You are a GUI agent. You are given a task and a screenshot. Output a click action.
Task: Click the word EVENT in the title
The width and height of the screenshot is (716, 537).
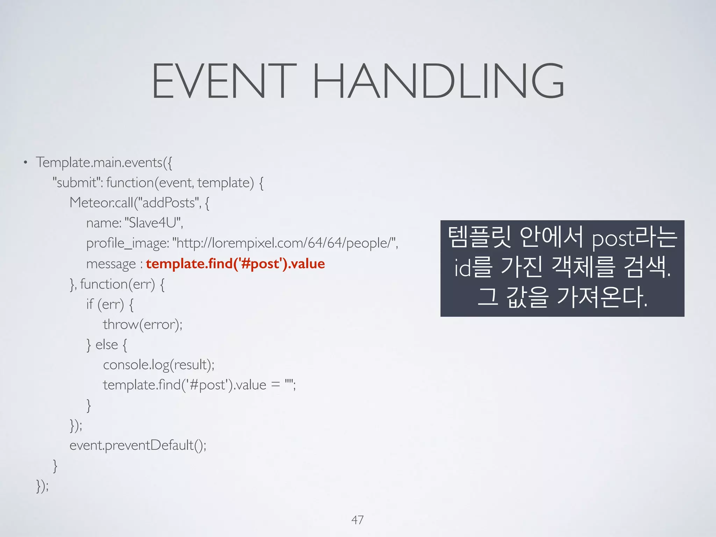click(x=224, y=81)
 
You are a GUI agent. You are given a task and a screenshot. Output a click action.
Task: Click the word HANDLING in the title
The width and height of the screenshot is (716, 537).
click(x=438, y=81)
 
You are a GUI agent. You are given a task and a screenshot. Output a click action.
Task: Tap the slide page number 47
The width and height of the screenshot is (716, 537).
click(x=357, y=520)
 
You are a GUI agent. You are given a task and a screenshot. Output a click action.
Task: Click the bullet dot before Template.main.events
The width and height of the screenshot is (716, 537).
click(x=25, y=163)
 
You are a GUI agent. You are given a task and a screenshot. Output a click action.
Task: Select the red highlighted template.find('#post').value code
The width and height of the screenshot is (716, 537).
click(x=235, y=264)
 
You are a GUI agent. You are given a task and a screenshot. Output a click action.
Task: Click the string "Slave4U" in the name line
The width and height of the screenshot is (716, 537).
click(x=153, y=223)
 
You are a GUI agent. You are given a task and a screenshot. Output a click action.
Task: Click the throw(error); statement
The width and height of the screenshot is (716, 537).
click(x=143, y=324)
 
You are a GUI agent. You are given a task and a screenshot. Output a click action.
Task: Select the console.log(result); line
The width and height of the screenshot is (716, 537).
click(x=158, y=365)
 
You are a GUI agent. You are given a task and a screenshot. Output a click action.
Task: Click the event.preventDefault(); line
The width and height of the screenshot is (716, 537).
click(x=138, y=445)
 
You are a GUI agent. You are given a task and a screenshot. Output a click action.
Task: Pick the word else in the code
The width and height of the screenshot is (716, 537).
click(x=107, y=345)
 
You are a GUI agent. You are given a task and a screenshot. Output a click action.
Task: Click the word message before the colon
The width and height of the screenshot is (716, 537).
click(x=111, y=264)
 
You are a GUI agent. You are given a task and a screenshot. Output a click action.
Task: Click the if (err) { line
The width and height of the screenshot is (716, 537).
click(x=110, y=304)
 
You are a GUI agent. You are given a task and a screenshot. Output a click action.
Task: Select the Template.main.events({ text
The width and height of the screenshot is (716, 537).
click(x=104, y=163)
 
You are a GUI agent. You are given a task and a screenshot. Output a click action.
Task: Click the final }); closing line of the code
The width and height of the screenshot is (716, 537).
click(x=42, y=486)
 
